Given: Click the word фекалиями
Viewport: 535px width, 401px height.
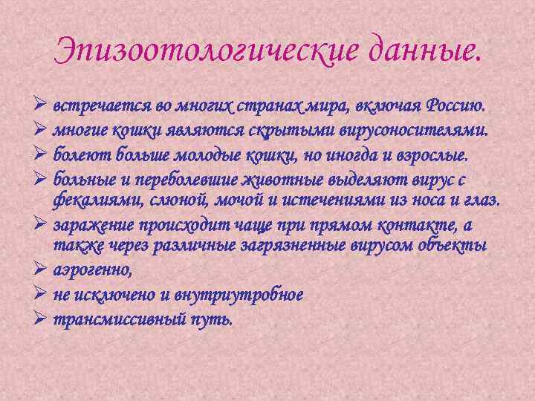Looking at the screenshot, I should point(93,200).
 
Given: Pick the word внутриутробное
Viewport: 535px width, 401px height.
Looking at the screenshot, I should point(237,295).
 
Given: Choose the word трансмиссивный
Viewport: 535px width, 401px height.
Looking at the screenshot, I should point(118,320).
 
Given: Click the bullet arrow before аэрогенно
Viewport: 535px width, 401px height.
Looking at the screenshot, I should point(41,270).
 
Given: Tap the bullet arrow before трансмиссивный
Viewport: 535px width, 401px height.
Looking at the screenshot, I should point(41,319).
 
